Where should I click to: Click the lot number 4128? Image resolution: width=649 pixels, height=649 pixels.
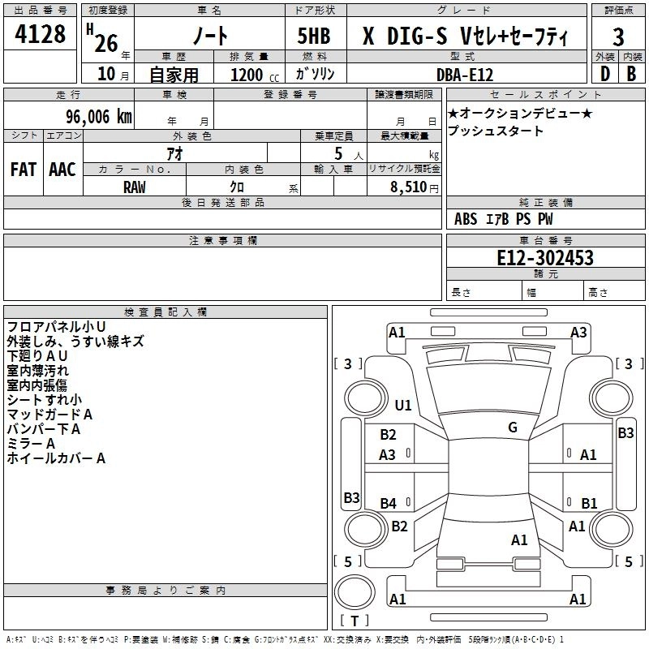click(x=41, y=36)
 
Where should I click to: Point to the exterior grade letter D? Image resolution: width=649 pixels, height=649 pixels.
click(x=604, y=74)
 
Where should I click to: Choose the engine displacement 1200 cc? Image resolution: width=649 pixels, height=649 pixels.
click(x=247, y=74)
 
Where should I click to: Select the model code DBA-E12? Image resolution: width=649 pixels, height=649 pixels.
click(x=464, y=74)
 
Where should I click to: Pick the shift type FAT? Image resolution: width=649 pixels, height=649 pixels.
click(x=23, y=170)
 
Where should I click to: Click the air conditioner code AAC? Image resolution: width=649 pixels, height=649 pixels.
click(x=62, y=170)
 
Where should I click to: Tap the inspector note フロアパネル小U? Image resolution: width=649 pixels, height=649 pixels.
click(x=55, y=326)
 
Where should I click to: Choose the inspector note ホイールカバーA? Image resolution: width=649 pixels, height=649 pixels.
click(x=56, y=458)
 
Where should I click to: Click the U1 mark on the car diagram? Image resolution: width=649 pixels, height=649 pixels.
click(x=403, y=405)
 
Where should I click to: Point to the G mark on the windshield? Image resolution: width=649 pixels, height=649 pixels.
click(x=512, y=427)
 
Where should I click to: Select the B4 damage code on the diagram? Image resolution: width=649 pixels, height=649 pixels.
click(x=388, y=504)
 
